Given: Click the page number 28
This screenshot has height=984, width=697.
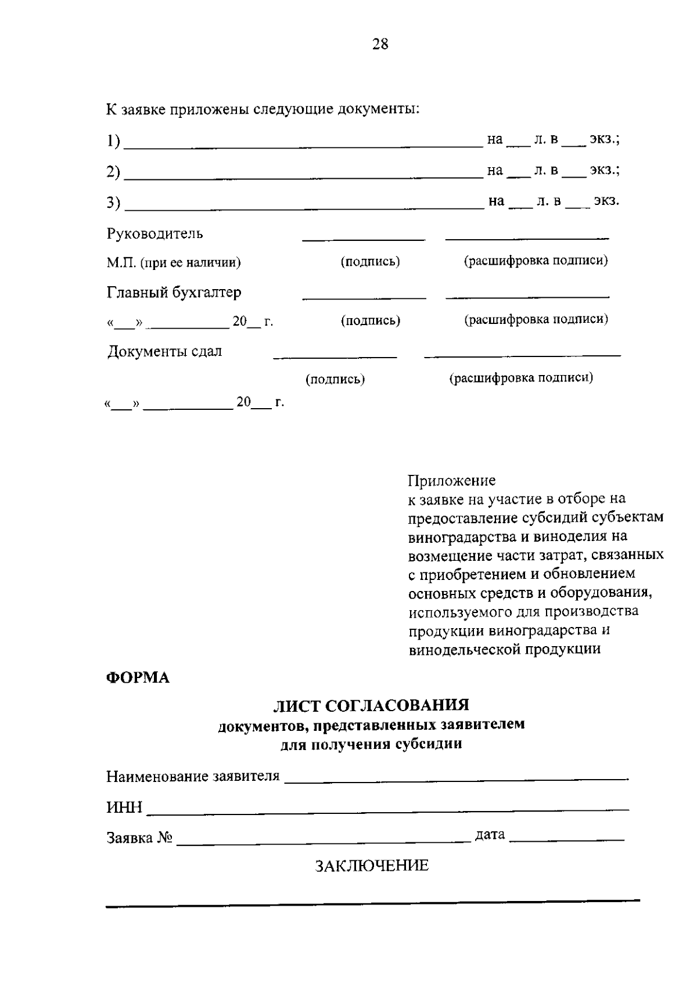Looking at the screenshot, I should tap(380, 44).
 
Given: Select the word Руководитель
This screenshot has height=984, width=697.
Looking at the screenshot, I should tap(155, 234).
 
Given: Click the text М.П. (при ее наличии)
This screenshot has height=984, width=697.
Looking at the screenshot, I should tap(173, 263).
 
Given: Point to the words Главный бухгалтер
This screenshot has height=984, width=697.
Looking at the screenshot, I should tap(174, 293).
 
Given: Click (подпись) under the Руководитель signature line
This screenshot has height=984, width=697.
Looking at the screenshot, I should tap(370, 262).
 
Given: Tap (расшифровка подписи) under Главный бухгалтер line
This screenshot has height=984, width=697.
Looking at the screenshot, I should tap(536, 319).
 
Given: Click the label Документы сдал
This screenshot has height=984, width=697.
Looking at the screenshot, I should tap(164, 352).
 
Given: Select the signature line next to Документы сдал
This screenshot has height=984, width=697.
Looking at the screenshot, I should tap(335, 356).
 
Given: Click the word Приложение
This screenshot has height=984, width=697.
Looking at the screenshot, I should tap(451, 481).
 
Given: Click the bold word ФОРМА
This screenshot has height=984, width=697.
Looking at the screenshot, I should tap(138, 678).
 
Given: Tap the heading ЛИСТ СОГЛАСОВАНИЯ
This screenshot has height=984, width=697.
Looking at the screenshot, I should tap(371, 705).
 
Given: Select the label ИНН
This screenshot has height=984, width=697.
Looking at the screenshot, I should tap(124, 808).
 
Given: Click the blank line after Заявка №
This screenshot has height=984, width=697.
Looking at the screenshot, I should tap(323, 841).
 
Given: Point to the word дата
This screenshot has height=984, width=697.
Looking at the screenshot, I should tap(490, 835).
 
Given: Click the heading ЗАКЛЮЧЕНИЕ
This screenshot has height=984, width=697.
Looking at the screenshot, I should tap(372, 866).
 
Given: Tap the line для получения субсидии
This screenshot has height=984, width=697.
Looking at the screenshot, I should tap(371, 744).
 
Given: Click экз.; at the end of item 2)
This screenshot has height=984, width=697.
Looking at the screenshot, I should tap(605, 170).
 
